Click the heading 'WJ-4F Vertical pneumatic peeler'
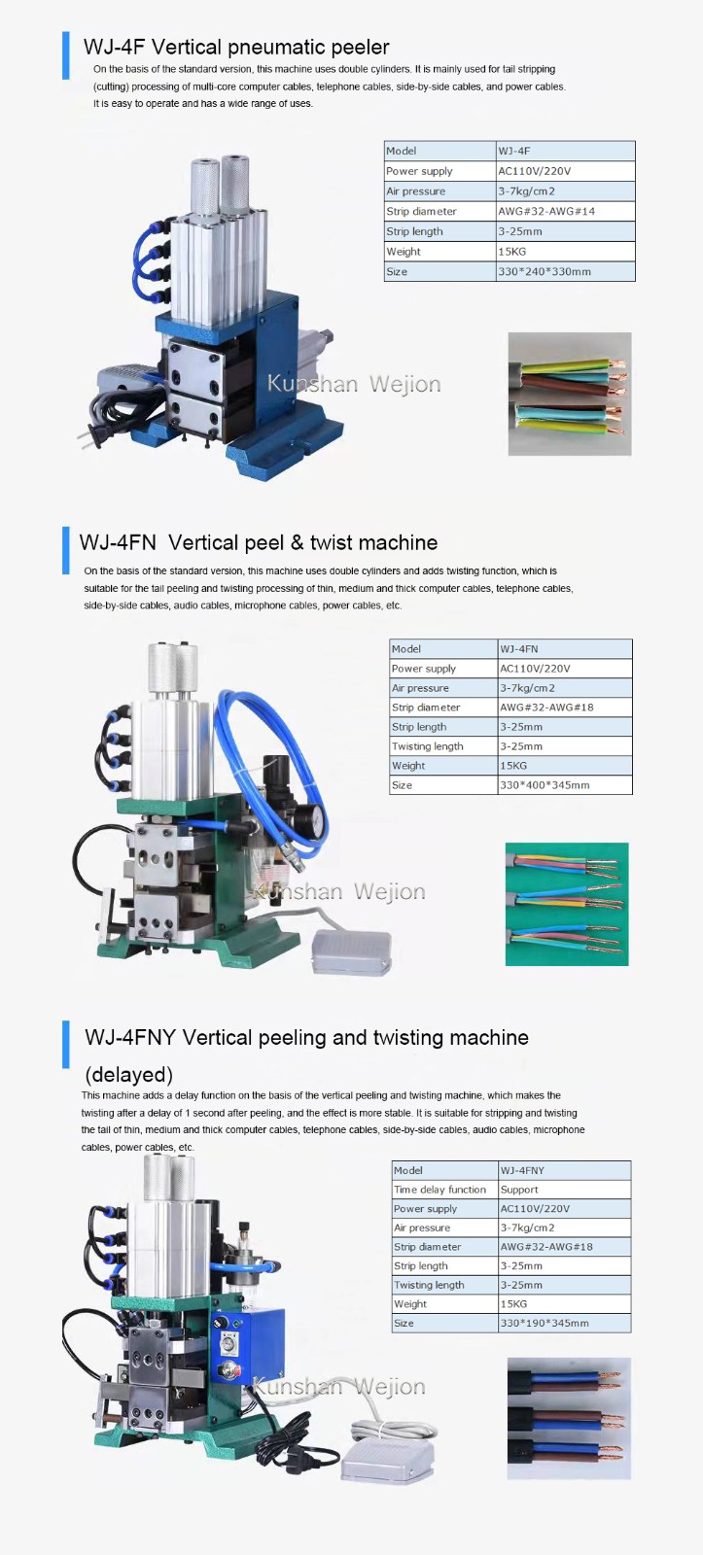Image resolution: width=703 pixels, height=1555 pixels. pos(236,48)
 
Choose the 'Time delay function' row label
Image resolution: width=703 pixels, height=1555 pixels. pos(439,1190)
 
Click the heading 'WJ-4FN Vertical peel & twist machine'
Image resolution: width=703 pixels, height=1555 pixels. pos(259,542)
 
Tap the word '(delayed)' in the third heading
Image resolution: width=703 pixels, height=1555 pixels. pos(128,1075)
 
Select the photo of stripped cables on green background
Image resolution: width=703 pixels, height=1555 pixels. pos(567,904)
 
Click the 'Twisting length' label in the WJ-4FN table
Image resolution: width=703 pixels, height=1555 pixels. pos(427,746)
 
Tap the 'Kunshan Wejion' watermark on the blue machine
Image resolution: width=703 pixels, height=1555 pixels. pos(354,384)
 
